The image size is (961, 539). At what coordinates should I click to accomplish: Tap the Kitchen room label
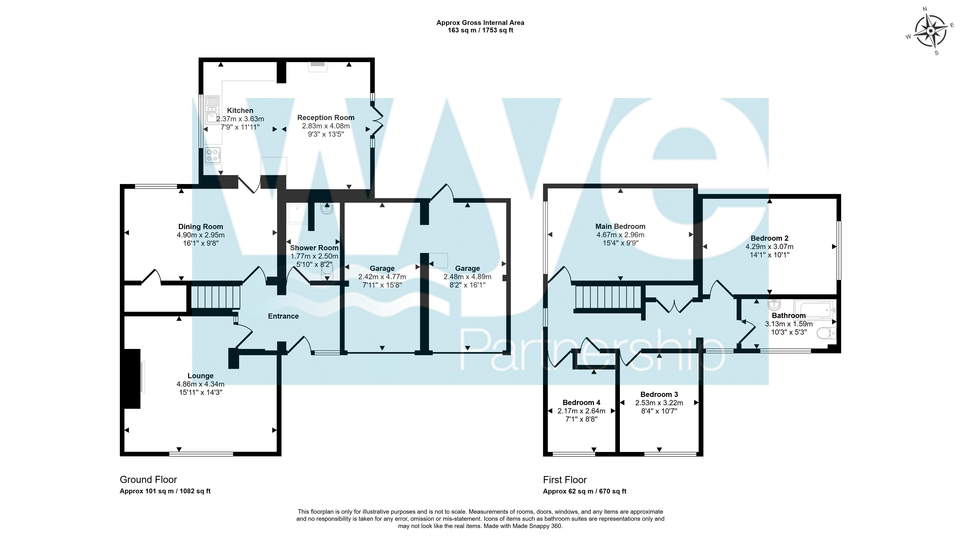tap(240, 111)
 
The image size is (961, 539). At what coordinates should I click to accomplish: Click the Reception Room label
tap(326, 118)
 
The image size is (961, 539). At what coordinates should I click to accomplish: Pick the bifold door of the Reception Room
tap(377, 120)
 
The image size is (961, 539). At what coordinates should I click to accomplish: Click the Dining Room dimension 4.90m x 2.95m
tap(201, 235)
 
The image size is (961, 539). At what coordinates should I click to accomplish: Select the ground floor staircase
tap(216, 297)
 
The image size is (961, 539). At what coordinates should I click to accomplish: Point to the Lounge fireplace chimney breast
tap(133, 379)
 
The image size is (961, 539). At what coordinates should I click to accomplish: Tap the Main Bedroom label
tap(620, 226)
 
